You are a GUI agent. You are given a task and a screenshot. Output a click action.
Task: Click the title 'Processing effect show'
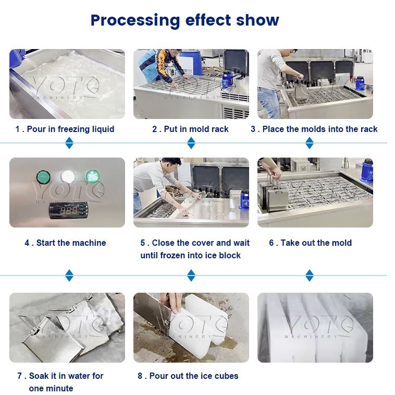184,20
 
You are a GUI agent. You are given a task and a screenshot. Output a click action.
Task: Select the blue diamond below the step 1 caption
69,142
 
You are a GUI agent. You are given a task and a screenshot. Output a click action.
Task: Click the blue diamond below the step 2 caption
191,142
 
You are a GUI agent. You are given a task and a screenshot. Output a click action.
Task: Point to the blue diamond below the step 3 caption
310,142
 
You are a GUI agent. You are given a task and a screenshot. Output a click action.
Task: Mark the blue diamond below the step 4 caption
69,275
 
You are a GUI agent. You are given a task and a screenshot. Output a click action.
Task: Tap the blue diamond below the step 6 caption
310,275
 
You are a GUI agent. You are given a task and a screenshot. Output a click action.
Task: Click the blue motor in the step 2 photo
227,80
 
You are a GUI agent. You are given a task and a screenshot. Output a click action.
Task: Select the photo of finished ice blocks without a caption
315,327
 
